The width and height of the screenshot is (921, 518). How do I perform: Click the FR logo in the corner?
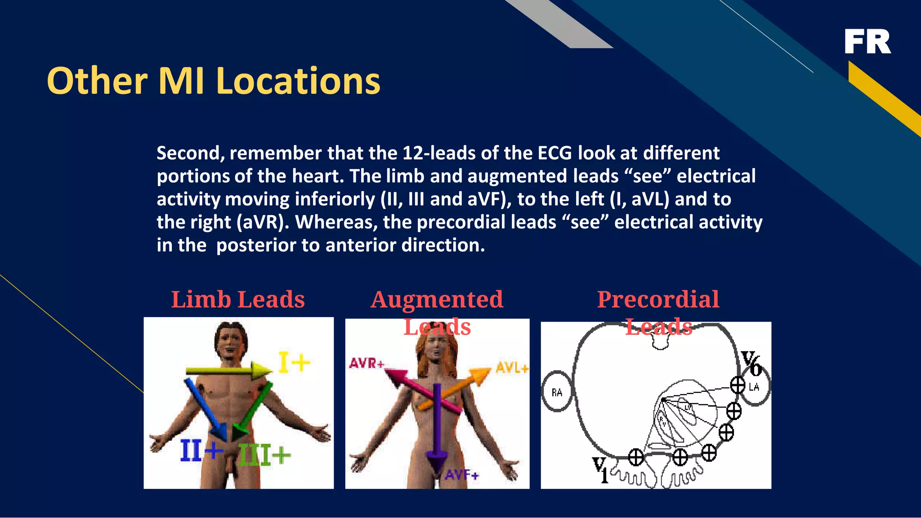click(x=867, y=42)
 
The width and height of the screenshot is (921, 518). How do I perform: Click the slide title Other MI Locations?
click(x=214, y=81)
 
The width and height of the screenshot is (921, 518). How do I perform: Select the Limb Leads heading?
click(x=238, y=300)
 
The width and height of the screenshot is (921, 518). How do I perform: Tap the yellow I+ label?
click(x=295, y=363)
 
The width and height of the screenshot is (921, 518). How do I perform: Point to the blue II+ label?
click(x=201, y=451)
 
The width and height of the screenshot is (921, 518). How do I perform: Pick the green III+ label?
click(x=264, y=455)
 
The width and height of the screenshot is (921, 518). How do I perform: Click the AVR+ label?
click(x=367, y=363)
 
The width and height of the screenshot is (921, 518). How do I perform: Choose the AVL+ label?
click(x=512, y=368)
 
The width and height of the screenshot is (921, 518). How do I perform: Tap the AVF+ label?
click(x=462, y=474)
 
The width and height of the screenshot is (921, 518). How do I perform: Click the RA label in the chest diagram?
click(x=557, y=393)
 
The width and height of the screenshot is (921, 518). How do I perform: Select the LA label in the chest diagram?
click(x=754, y=387)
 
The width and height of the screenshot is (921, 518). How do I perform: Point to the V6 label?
click(x=751, y=363)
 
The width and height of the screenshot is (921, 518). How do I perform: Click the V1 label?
click(x=600, y=469)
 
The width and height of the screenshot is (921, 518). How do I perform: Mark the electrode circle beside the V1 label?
click(x=635, y=458)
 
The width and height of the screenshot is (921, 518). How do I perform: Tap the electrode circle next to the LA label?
click(x=738, y=385)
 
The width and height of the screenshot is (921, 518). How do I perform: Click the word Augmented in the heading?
click(x=437, y=300)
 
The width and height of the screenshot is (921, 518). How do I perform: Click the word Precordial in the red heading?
click(x=658, y=300)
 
